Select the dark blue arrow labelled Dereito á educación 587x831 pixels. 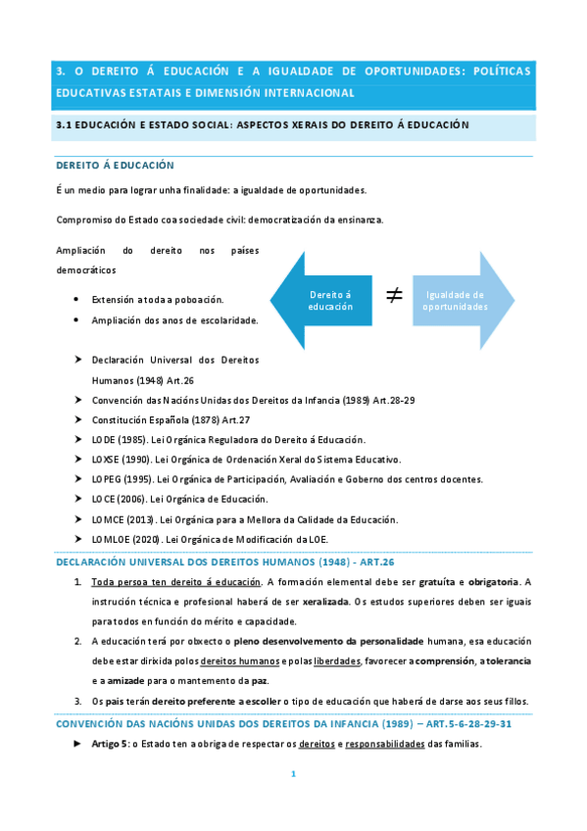click(323, 300)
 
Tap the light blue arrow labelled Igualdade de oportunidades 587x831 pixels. click(461, 300)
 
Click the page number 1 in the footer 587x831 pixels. click(293, 774)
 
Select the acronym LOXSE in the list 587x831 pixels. click(105, 459)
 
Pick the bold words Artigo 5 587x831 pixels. click(111, 744)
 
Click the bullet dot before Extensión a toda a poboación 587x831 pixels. click(77, 300)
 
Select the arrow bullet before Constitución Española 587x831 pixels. click(77, 419)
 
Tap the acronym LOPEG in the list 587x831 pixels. click(105, 479)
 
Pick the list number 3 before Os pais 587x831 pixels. click(77, 702)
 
